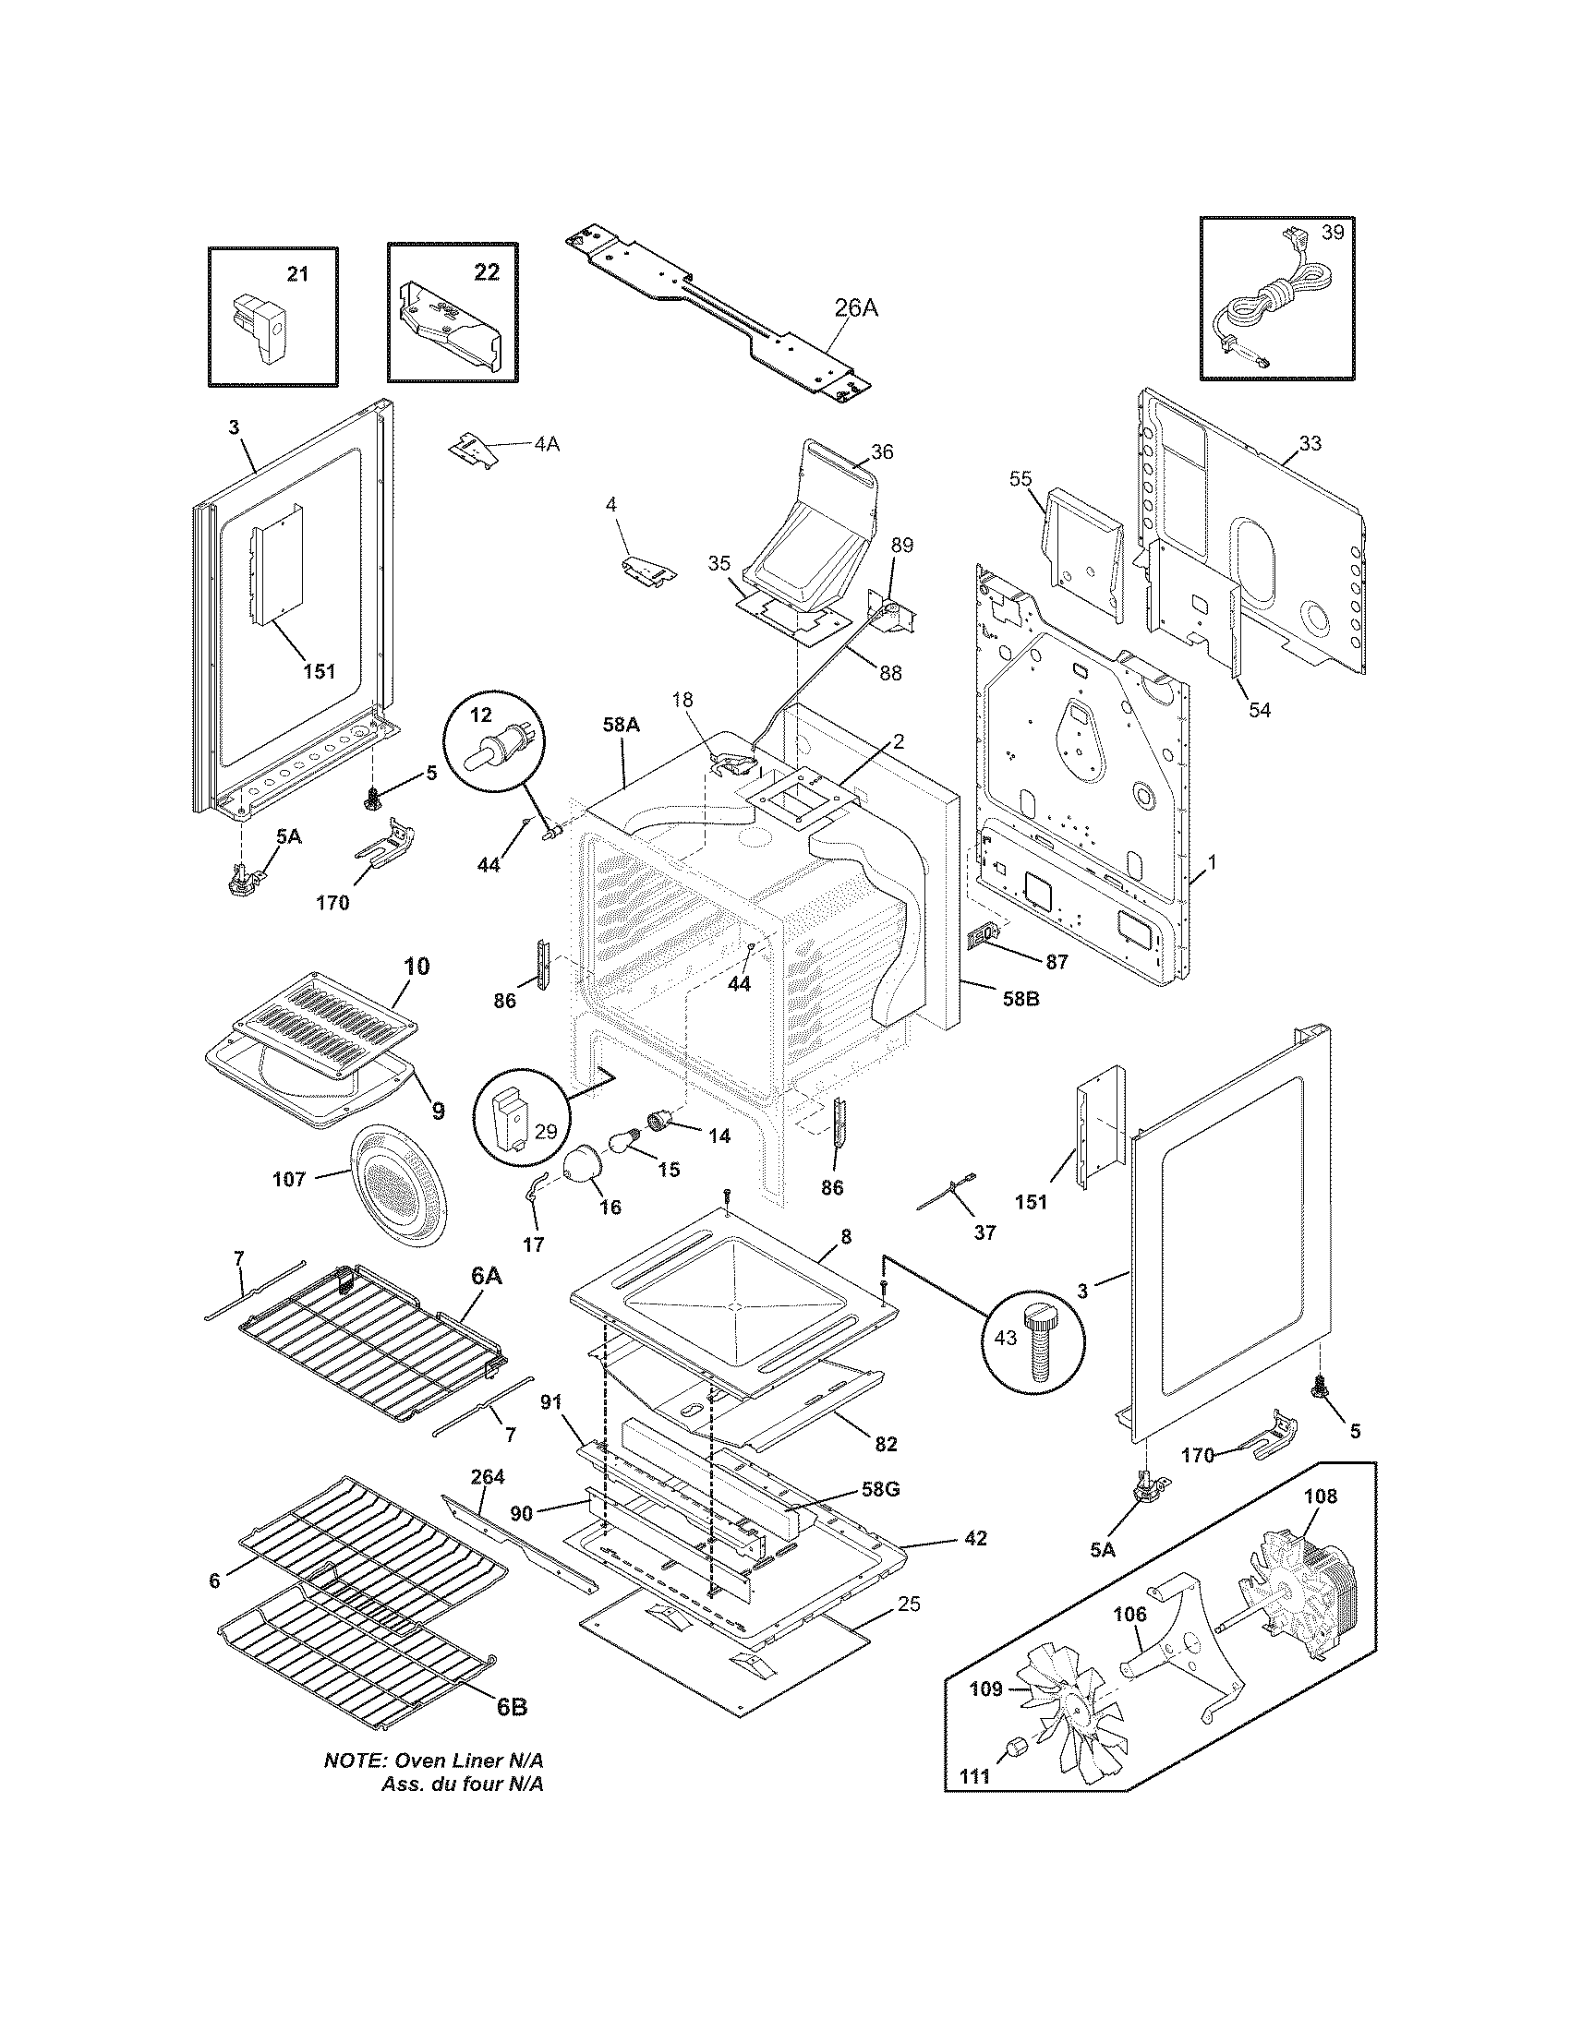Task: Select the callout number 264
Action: click(488, 1477)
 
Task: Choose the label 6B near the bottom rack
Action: click(512, 1707)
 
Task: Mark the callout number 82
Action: click(886, 1444)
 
